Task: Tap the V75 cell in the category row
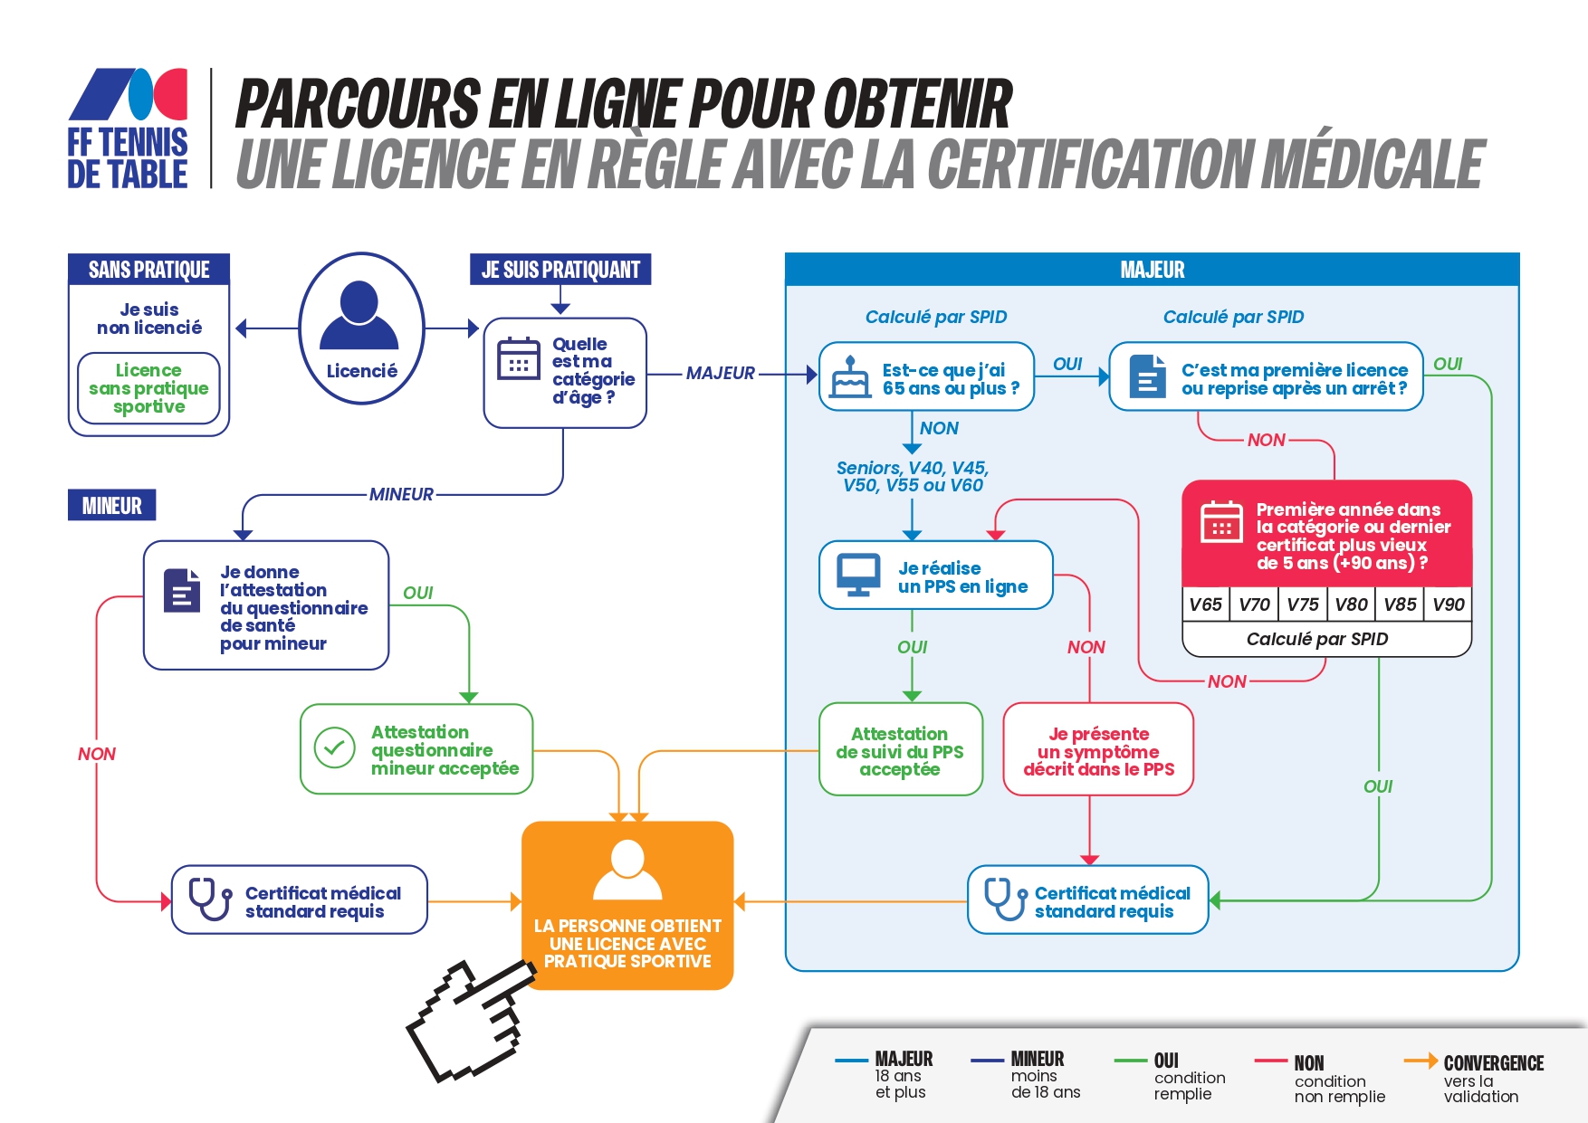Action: [x=1302, y=604]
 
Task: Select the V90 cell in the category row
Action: [x=1448, y=604]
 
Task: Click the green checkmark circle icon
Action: [x=334, y=748]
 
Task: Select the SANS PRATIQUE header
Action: [x=149, y=270]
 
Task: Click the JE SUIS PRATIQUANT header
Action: [x=560, y=270]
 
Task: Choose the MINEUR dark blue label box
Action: [x=112, y=505]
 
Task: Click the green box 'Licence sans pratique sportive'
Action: [x=148, y=388]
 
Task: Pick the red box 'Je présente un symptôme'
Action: [x=1098, y=750]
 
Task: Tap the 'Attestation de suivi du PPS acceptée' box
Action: [x=900, y=750]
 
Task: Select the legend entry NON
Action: [x=1320, y=1079]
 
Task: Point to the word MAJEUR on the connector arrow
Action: [x=721, y=373]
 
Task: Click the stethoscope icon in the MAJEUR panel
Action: [x=1005, y=899]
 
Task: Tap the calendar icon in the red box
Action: [x=1221, y=522]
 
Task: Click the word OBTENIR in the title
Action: [x=917, y=104]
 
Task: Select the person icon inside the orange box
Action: [x=627, y=870]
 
